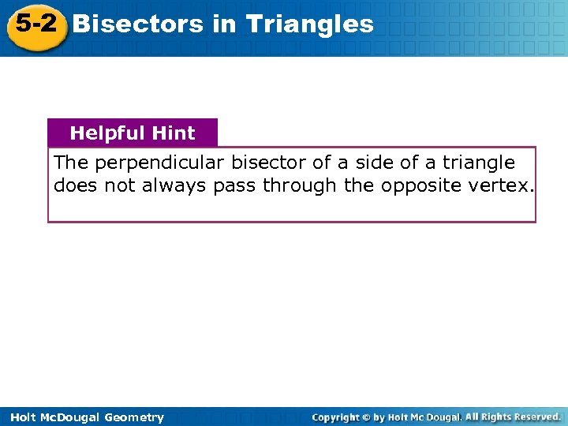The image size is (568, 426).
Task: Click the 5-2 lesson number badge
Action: pyautogui.click(x=35, y=24)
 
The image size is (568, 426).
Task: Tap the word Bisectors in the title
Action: pyautogui.click(x=138, y=24)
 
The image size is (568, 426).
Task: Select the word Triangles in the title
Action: pyautogui.click(x=309, y=24)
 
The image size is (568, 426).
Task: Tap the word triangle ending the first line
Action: pyautogui.click(x=478, y=163)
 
